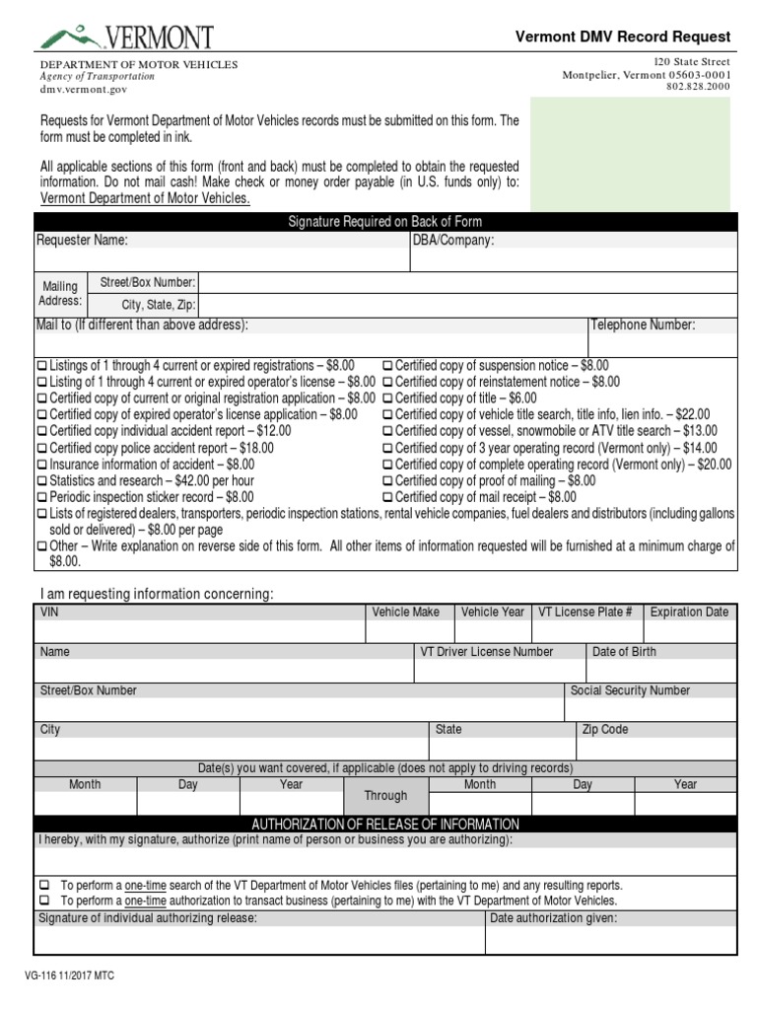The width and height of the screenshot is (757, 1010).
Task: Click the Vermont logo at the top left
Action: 125,37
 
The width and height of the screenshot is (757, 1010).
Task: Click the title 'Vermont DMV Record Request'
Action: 623,36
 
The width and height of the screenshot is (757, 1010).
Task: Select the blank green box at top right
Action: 631,154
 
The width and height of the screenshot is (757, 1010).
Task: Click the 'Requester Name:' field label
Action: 83,241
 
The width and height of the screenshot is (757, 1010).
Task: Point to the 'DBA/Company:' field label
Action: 453,241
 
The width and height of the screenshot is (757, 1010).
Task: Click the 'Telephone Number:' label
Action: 643,325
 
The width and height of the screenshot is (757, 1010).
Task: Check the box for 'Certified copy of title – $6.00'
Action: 387,398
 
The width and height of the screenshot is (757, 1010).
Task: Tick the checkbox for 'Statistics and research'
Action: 41,481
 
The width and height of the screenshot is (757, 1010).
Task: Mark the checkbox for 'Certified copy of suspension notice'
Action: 387,366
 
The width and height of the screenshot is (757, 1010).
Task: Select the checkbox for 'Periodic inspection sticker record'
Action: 41,498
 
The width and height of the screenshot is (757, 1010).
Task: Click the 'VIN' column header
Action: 49,613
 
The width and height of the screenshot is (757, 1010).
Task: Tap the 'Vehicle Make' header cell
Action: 405,613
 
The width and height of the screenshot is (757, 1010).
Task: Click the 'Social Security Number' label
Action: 630,690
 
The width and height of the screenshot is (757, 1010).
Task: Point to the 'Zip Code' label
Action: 604,730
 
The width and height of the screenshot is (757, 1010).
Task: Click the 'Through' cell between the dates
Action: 385,796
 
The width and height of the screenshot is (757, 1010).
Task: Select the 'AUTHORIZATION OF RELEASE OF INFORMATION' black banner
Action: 385,825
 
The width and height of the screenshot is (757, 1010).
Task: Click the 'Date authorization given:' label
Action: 553,918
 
